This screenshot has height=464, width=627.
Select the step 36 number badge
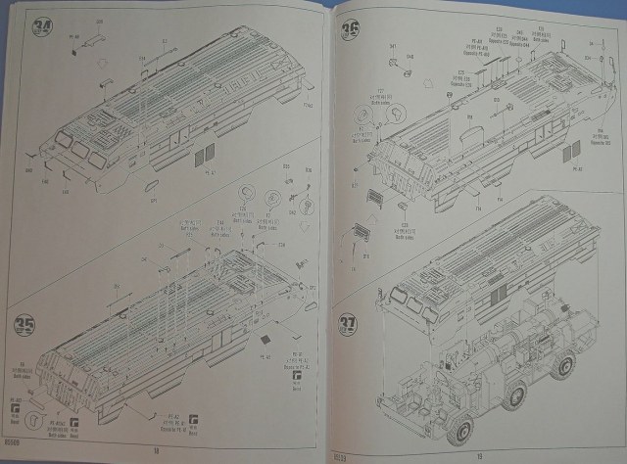349,31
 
